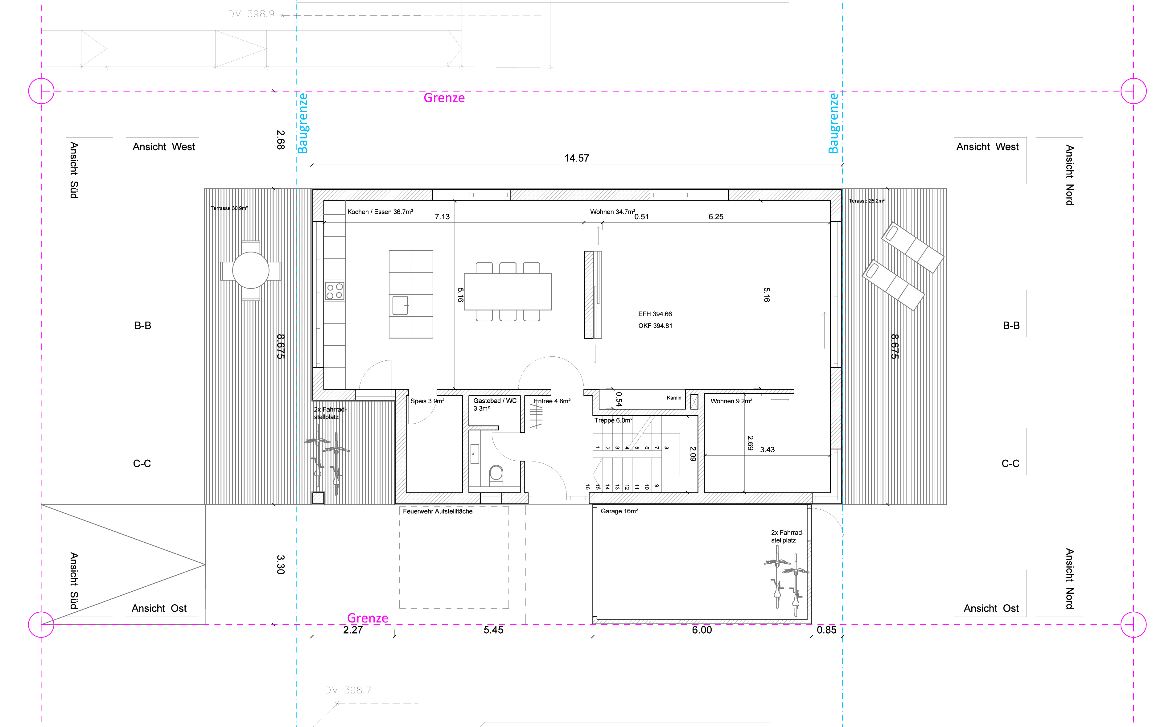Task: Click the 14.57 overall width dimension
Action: coord(576,158)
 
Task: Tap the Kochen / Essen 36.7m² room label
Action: coord(380,212)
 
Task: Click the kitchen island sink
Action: coord(400,305)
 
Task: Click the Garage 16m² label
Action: coord(619,511)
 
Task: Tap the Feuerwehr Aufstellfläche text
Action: coord(438,511)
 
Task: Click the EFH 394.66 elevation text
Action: coord(655,314)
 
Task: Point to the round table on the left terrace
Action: coord(250,270)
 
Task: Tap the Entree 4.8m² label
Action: coord(552,401)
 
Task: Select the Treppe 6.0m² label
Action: coord(613,420)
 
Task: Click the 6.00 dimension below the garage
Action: coord(702,630)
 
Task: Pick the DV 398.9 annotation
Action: coord(251,14)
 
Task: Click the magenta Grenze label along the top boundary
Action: coord(444,98)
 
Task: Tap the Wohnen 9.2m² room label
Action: coord(731,401)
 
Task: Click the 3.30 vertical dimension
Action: coord(281,565)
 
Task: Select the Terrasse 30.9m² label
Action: coord(229,208)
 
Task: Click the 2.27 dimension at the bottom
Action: coord(353,630)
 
